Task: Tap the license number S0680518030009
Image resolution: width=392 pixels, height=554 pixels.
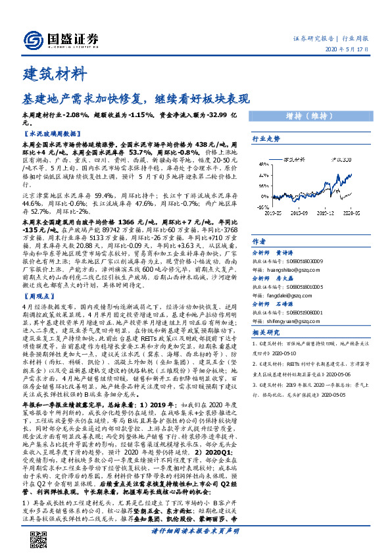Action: click(301, 261)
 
